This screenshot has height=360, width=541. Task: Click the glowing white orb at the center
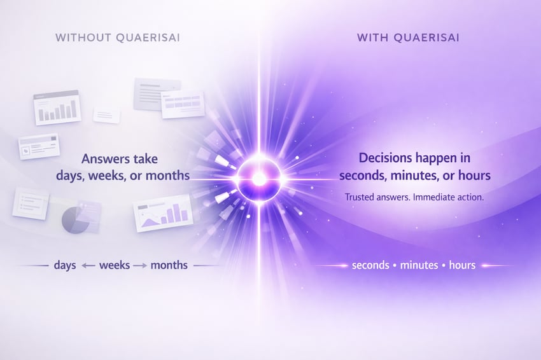point(259,179)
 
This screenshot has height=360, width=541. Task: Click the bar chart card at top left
point(57,107)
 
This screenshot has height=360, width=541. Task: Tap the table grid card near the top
point(182,104)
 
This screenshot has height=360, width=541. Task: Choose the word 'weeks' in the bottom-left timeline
point(115,265)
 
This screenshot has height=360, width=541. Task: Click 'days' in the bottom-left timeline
point(65,265)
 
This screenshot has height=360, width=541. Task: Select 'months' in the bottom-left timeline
point(169,265)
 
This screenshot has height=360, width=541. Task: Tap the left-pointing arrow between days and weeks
point(88,265)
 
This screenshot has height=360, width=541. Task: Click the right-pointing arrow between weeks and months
point(139,265)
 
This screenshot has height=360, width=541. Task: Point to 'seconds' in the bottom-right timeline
point(370,265)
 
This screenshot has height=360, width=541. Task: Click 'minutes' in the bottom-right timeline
point(419,265)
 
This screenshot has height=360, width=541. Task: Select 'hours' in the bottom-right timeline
point(462,265)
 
